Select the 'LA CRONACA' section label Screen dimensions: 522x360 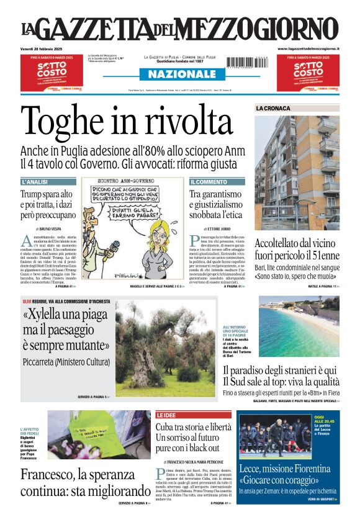(x=273, y=109)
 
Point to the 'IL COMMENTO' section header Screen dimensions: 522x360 (x=209, y=182)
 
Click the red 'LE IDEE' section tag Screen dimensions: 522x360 (x=166, y=415)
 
